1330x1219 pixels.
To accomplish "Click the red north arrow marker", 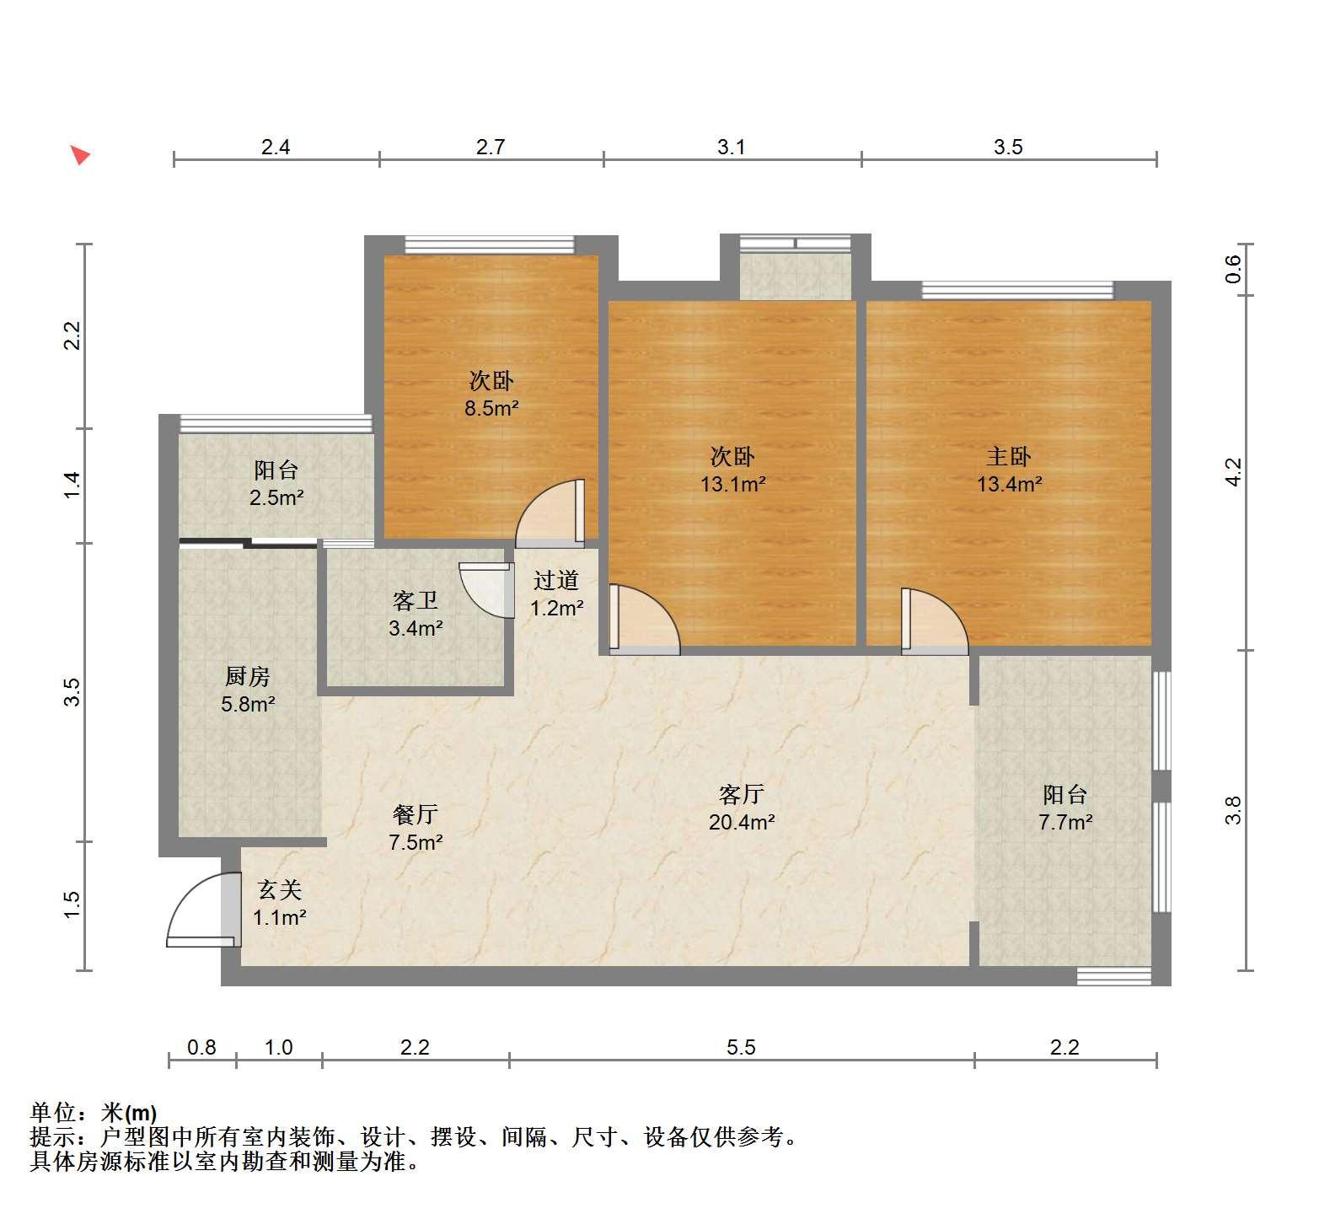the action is coord(80,155).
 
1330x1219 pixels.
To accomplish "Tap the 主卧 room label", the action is coord(1009,457).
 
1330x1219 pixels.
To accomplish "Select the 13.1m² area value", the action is coord(732,485).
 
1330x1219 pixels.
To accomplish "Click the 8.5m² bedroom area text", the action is coord(491,409).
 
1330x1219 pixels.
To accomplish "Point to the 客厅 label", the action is coord(742,794).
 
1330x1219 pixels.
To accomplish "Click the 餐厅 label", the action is coord(416,814).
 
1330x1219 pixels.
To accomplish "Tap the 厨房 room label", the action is coord(247,676).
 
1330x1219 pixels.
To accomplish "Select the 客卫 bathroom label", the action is coord(416,600).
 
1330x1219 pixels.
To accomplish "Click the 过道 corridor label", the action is coord(556,580).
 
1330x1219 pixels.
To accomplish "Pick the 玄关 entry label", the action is coord(279,890).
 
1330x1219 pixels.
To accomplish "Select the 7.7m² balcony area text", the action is coord(1065,822).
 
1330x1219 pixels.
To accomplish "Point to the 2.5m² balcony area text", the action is coord(276,497).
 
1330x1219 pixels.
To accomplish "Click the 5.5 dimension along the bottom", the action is coord(741,1047).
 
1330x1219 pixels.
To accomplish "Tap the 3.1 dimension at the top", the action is coord(732,147).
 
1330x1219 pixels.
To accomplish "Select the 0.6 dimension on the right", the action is coord(1234,269).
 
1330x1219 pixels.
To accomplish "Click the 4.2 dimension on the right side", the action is coord(1234,472).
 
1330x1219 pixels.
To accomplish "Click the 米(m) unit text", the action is coord(129,1113).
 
